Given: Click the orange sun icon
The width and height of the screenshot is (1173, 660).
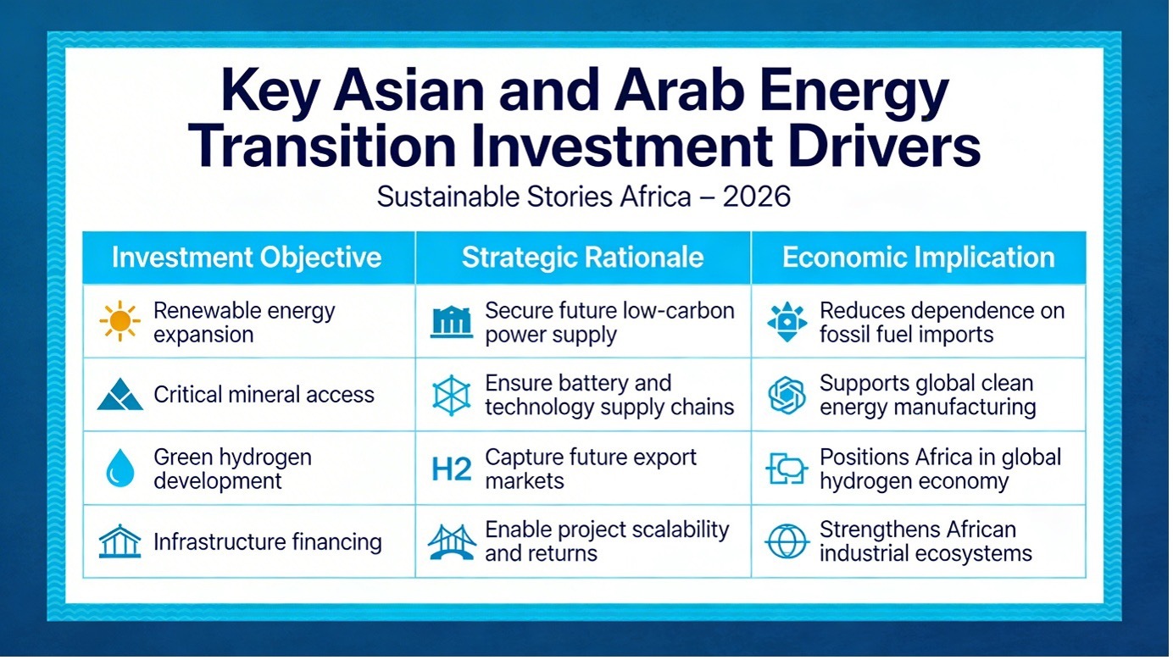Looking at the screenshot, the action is (x=120, y=321).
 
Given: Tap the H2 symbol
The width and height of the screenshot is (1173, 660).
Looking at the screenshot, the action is (x=451, y=469).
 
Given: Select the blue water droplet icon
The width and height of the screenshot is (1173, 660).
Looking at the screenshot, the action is (x=120, y=468).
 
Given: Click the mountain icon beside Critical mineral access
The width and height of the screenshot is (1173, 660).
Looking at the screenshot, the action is (x=120, y=394).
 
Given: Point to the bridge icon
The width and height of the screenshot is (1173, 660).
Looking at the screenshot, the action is (x=452, y=542).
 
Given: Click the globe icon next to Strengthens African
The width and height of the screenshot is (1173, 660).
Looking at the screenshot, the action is (x=787, y=541).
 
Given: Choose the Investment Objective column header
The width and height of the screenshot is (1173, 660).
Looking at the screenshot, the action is (x=247, y=258).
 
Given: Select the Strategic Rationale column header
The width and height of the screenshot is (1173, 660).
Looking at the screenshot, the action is (x=582, y=258).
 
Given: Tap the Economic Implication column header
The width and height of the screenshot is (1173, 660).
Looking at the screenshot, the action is (x=919, y=258).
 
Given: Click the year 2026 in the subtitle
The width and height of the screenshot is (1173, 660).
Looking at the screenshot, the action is (x=756, y=197).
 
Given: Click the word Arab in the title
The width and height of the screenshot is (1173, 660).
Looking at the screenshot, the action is (x=679, y=91).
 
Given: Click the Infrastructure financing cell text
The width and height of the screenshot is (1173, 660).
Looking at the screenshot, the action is (x=268, y=542).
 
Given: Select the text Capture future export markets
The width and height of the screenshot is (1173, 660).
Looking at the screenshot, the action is (x=591, y=469).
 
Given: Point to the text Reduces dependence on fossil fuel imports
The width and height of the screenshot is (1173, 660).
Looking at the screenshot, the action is (x=942, y=323).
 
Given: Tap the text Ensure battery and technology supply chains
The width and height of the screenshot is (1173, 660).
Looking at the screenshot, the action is (x=609, y=395).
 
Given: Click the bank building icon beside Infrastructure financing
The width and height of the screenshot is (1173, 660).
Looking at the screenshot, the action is (x=120, y=541).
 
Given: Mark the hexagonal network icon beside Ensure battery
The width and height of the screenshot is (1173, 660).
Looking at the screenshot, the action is (x=451, y=395).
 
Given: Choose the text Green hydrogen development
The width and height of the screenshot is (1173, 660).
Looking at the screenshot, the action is (x=232, y=469).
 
